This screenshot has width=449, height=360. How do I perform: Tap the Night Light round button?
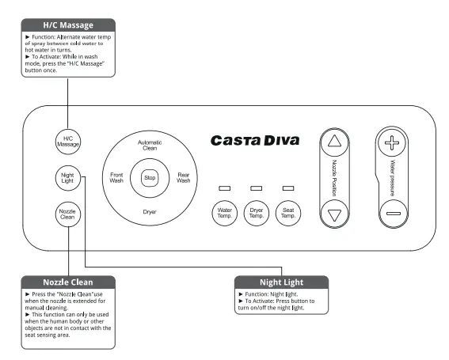coord(67,178)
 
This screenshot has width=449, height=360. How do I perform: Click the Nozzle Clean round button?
coord(67,213)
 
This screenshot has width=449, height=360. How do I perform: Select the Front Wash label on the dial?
coord(116,178)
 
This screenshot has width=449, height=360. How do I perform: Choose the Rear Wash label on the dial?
coord(183,178)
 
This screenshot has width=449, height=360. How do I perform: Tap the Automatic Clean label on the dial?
coord(150,145)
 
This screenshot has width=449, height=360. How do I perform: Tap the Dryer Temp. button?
coord(256,213)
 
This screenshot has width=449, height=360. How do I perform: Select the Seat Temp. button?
coord(288,213)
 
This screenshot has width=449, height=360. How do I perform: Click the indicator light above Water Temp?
coord(224,189)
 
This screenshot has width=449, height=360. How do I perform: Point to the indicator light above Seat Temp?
coord(288,189)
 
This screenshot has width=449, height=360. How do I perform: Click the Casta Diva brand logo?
coord(255,141)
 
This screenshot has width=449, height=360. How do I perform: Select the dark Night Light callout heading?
coord(282,282)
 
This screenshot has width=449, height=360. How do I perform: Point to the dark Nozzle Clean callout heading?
coord(67,282)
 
